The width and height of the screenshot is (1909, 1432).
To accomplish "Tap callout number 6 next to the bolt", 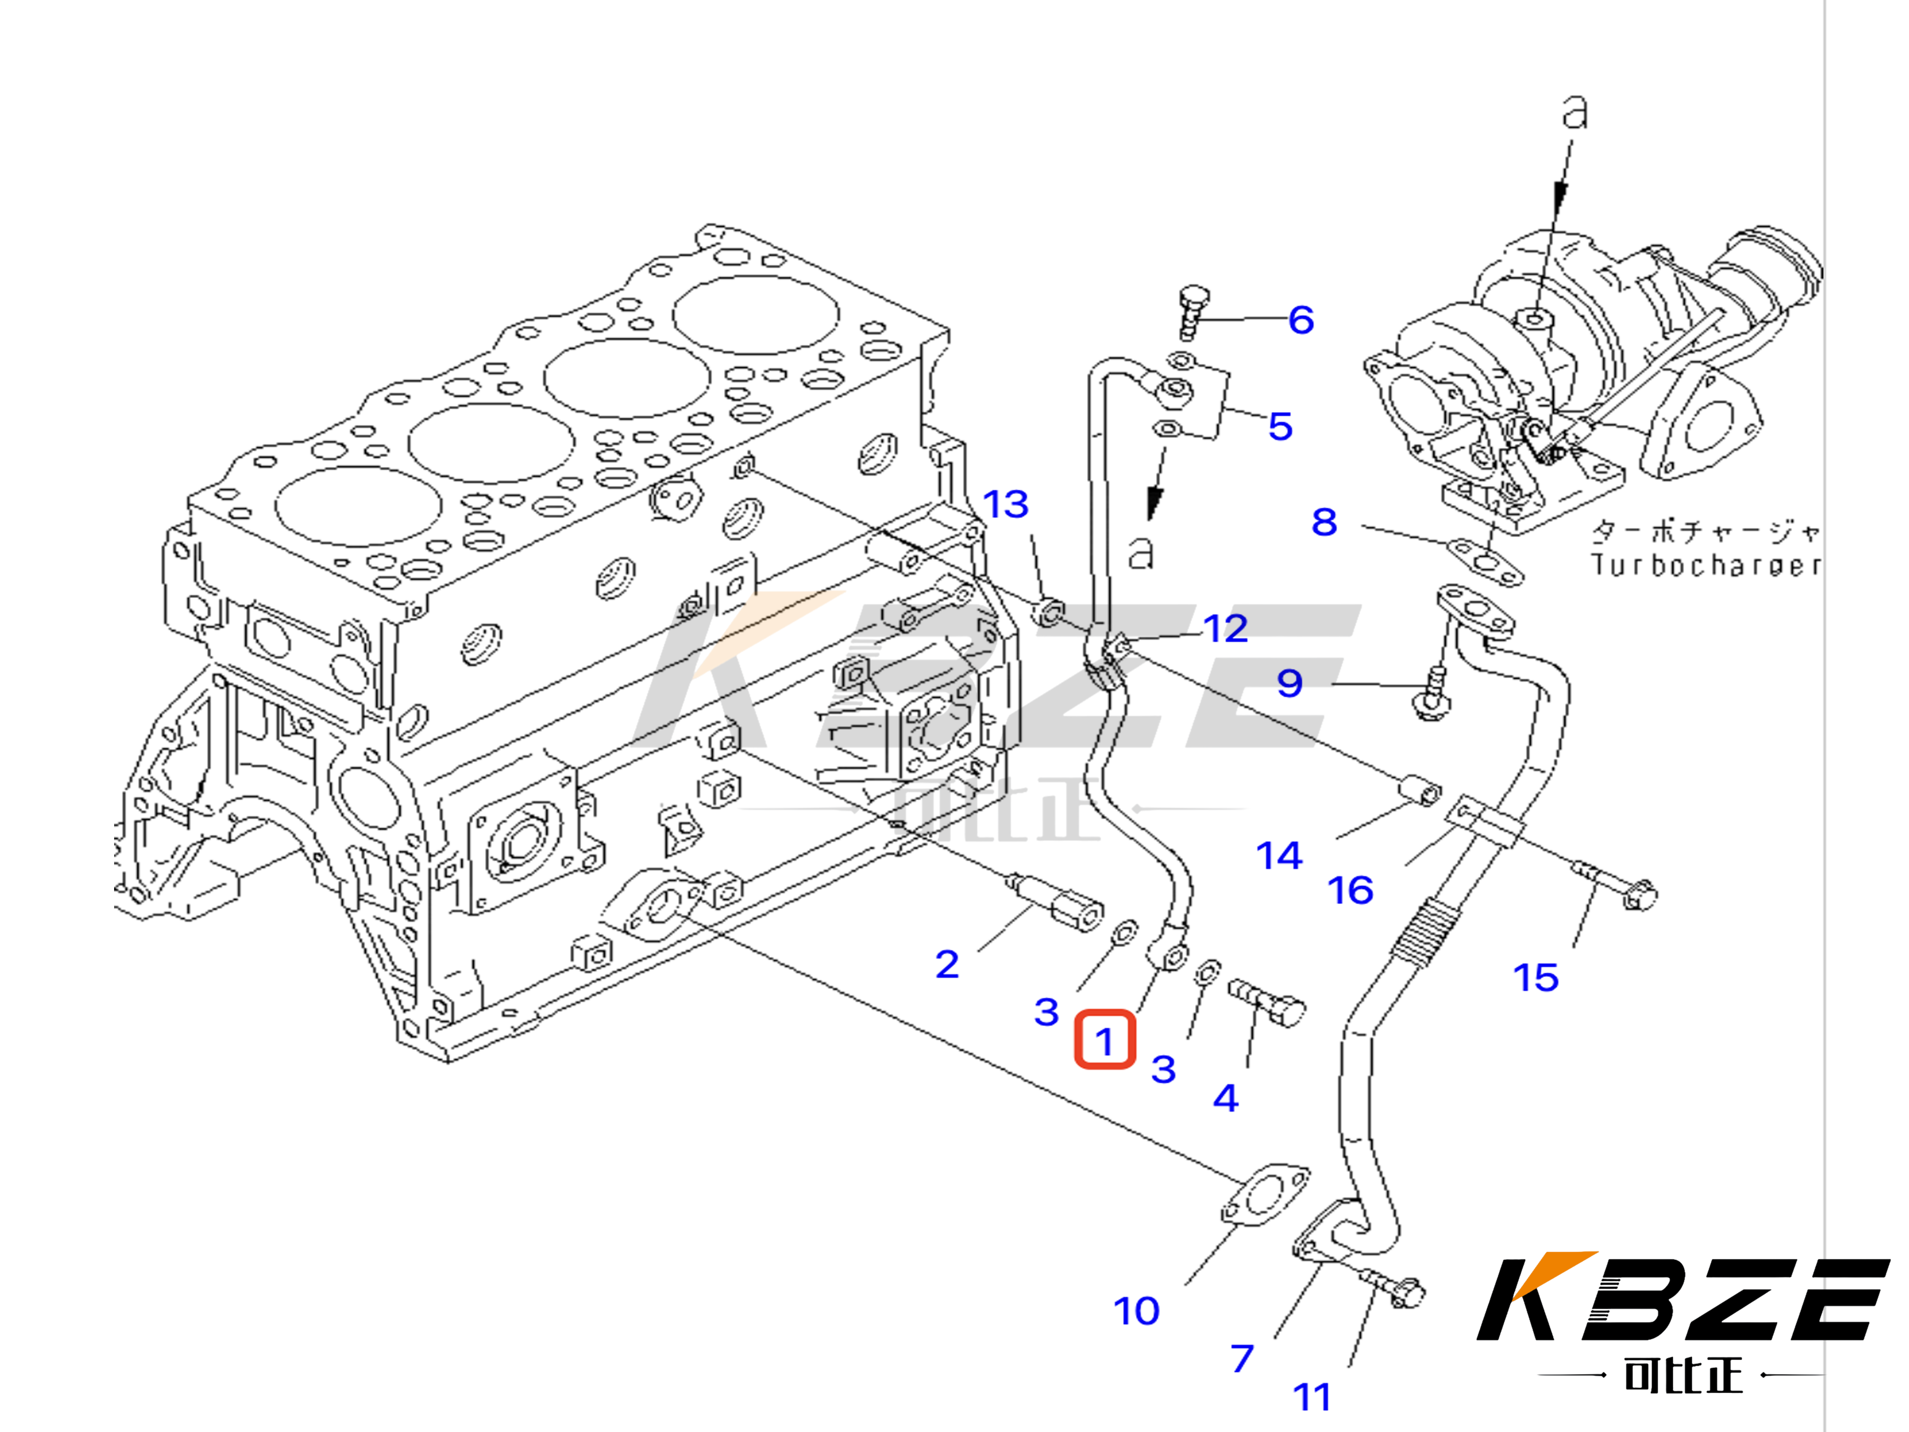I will point(1301,320).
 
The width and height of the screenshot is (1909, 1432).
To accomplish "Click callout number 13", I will point(1006,505).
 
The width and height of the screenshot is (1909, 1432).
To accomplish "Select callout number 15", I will point(1535,978).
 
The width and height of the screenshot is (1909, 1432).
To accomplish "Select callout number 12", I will point(1225,628).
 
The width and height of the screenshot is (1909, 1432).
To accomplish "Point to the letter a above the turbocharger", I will point(1575,112).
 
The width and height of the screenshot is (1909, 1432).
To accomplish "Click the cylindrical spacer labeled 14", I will point(1419,791).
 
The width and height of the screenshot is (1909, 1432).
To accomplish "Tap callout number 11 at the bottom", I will point(1312,1397).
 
